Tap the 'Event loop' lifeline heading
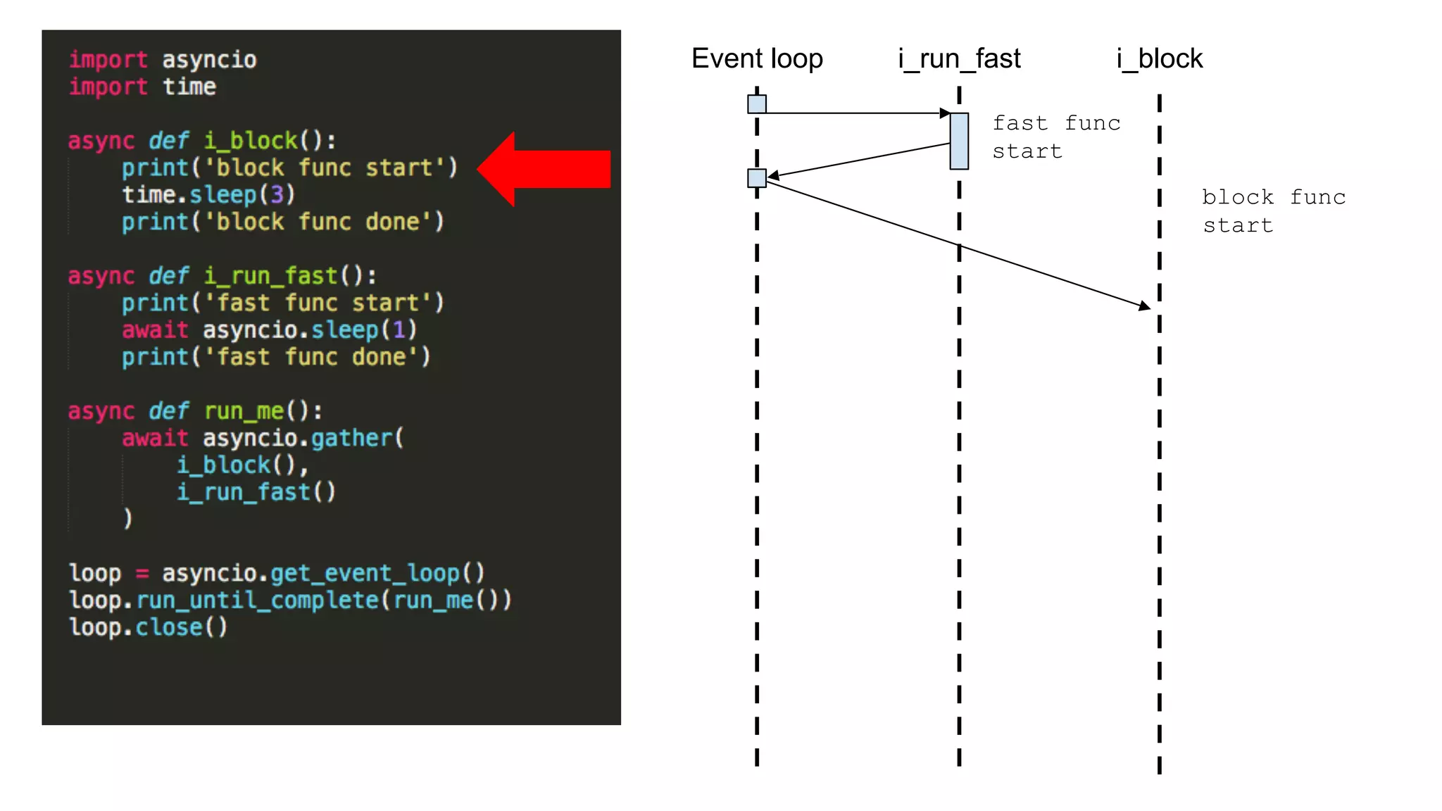tap(757, 58)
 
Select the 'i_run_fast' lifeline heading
tap(959, 58)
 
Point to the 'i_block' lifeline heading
tap(1160, 58)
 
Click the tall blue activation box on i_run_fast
tap(959, 141)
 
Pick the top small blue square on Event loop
tap(757, 104)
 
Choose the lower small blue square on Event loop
tap(757, 178)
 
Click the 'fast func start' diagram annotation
tap(1055, 137)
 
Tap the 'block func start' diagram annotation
tap(1273, 211)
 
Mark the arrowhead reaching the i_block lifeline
tap(1145, 306)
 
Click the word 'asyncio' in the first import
tap(209, 60)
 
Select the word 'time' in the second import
tap(189, 87)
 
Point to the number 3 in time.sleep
tap(277, 194)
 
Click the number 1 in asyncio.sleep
tap(399, 329)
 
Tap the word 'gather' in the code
tap(351, 438)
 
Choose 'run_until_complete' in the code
tap(258, 600)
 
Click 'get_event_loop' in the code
tap(366, 573)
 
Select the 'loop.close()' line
tap(148, 627)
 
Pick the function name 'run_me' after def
tap(244, 410)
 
